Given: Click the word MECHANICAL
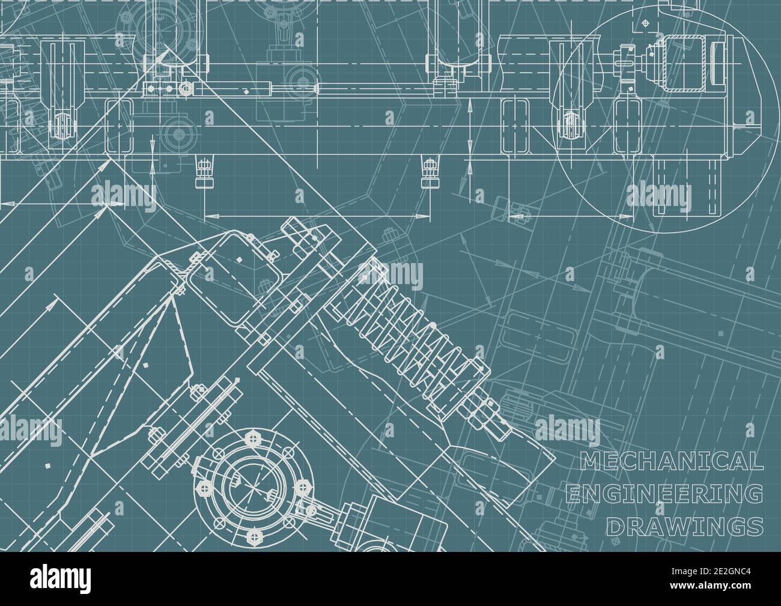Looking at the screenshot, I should (671, 461).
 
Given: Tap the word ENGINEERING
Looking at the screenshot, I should (664, 494).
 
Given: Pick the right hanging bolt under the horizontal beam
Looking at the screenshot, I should (430, 170).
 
